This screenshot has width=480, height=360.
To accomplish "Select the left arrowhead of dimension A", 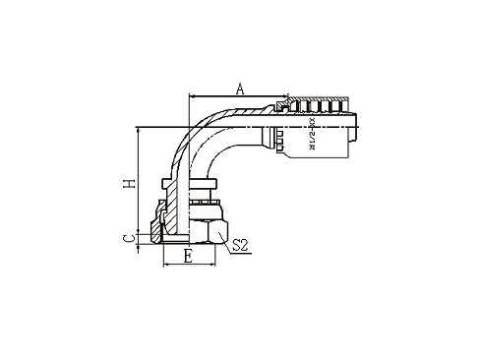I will click(x=191, y=96).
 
